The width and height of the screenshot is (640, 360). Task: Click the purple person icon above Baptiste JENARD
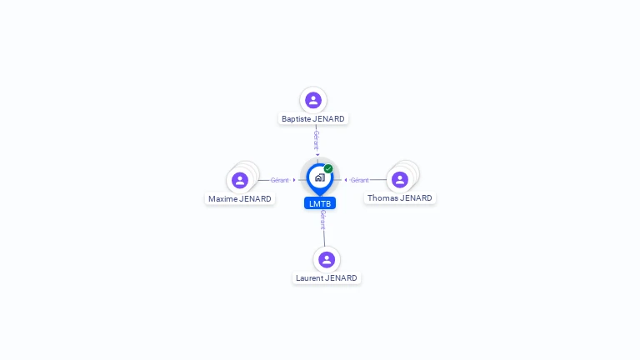pyautogui.click(x=313, y=100)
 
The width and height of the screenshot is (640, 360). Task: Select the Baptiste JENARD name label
pyautogui.click(x=313, y=119)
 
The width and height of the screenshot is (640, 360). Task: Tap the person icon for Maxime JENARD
pyautogui.click(x=240, y=180)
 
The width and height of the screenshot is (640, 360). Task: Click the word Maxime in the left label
pyautogui.click(x=222, y=199)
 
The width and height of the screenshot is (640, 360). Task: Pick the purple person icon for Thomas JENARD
pyautogui.click(x=400, y=179)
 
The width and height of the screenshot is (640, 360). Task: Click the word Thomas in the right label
pyautogui.click(x=382, y=198)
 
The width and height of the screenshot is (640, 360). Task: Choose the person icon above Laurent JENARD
pyautogui.click(x=327, y=259)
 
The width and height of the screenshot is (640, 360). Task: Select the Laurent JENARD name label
pyautogui.click(x=327, y=278)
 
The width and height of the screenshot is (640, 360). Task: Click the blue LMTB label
pyautogui.click(x=320, y=203)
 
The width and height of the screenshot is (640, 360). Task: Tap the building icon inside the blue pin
pyautogui.click(x=320, y=177)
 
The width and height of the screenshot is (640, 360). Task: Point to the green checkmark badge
pyautogui.click(x=328, y=168)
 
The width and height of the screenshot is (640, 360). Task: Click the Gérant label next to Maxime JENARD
pyautogui.click(x=280, y=180)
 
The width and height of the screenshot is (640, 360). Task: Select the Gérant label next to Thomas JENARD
pyautogui.click(x=360, y=180)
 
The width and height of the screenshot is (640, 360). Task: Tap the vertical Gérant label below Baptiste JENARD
pyautogui.click(x=317, y=140)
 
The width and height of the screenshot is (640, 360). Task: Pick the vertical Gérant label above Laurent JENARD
pyautogui.click(x=322, y=220)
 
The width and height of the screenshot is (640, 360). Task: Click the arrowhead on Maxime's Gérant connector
pyautogui.click(x=294, y=180)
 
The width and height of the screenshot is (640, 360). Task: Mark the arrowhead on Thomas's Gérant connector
pyautogui.click(x=346, y=180)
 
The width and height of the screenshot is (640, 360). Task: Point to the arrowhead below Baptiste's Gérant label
pyautogui.click(x=317, y=155)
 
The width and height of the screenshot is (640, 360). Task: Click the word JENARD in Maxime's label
pyautogui.click(x=255, y=199)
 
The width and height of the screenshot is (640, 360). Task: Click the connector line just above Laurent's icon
pyautogui.click(x=324, y=238)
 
